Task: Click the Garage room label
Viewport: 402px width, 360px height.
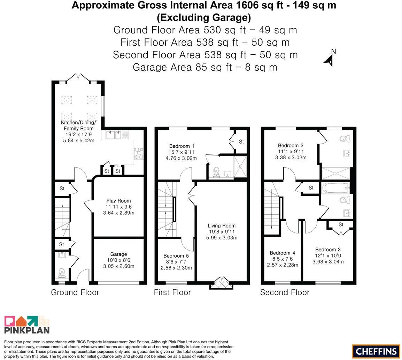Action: click(118, 254)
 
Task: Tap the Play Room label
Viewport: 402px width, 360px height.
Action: click(118, 201)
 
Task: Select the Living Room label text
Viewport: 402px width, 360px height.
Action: click(222, 225)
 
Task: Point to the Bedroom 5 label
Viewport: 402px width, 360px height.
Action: click(176, 256)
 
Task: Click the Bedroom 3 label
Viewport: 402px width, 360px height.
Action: click(328, 250)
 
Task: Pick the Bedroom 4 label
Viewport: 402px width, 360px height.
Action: click(282, 253)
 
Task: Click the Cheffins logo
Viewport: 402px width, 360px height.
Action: click(376, 351)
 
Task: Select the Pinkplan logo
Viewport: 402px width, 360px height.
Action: click(27, 324)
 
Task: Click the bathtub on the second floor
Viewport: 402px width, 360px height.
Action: click(335, 188)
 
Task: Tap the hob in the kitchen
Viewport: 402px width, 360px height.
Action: click(139, 153)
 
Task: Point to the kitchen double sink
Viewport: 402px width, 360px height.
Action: click(115, 135)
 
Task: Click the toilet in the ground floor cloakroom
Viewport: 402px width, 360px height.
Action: click(62, 273)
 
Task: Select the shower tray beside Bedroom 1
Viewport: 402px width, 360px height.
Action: click(240, 167)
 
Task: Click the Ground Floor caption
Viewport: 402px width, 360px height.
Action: click(75, 292)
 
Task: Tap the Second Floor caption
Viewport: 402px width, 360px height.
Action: click(285, 292)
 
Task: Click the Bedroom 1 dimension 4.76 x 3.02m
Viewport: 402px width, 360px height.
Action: click(181, 158)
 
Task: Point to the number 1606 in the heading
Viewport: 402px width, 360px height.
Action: click(247, 5)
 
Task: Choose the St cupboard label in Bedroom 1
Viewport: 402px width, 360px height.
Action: click(241, 141)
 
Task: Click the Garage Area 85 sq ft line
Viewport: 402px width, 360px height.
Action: click(205, 67)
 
